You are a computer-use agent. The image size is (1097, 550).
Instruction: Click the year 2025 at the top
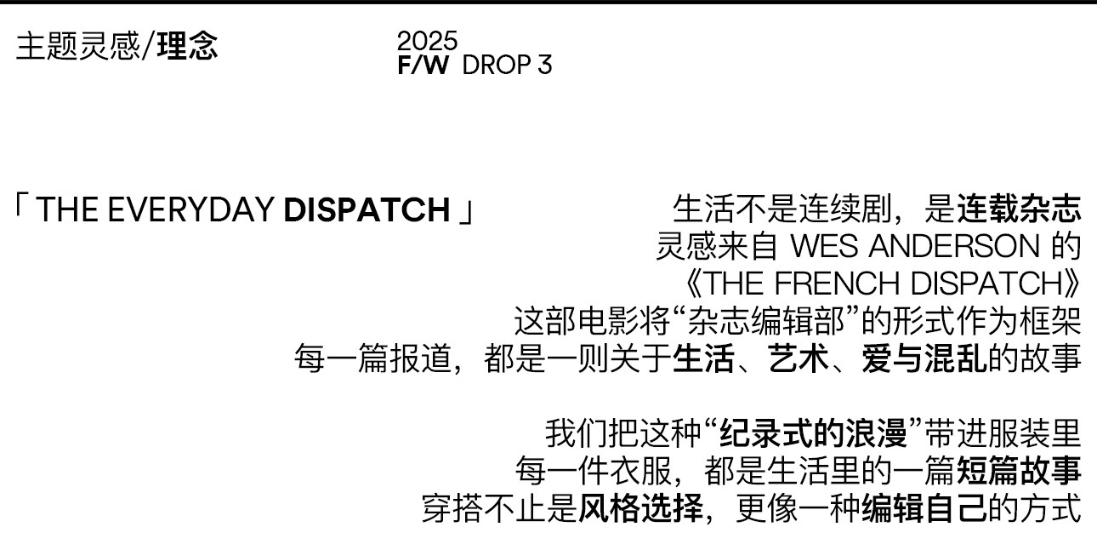[x=427, y=40]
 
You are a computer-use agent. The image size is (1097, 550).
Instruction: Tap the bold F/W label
[x=422, y=66]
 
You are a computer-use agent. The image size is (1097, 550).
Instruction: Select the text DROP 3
[x=507, y=66]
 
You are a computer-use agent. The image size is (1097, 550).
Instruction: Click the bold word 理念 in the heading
[x=187, y=46]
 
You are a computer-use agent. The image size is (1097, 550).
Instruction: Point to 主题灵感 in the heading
[x=77, y=46]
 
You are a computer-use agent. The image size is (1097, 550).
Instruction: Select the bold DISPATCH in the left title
[x=367, y=209]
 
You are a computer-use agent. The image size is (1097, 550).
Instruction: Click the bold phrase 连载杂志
[x=1019, y=208]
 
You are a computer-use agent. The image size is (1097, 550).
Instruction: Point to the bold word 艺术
[x=799, y=359]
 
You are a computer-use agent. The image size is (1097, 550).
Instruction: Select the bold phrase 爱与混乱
[x=924, y=359]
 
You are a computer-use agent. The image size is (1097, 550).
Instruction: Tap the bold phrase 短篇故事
[x=1019, y=470]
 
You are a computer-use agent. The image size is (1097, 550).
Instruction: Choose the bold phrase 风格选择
[x=641, y=508]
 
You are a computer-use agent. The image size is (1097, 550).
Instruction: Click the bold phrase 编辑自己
[x=924, y=508]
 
